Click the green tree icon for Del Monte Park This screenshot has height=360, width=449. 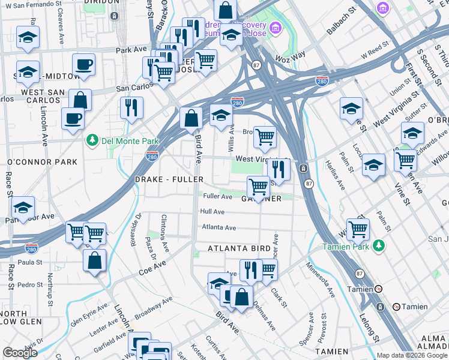coord(92,140)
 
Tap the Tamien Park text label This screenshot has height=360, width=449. coord(348,246)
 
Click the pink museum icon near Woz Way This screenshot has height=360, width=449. coord(276,28)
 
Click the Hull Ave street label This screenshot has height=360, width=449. coord(212,212)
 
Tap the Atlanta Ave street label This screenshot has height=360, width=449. coord(219,227)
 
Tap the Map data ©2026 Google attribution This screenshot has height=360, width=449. coord(412,355)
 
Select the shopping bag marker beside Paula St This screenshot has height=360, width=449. coord(95,261)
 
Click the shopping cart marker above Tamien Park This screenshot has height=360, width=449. coord(358,229)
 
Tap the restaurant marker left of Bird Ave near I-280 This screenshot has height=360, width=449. coord(131,109)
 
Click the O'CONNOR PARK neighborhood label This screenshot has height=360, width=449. coord(42,162)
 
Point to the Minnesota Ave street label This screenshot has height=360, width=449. coord(320,279)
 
